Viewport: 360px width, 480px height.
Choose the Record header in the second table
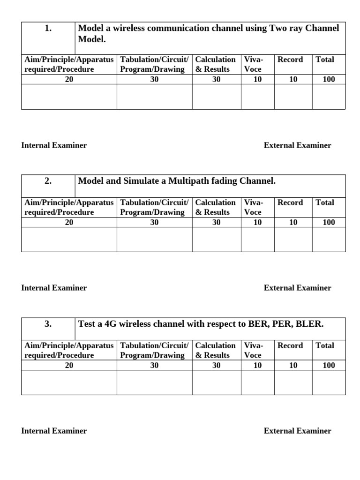tap(290, 203)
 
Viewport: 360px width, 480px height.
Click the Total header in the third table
tap(325, 346)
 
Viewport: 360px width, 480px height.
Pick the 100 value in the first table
tap(329, 80)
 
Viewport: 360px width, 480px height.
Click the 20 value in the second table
tap(69, 223)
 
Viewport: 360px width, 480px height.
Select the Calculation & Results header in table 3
tap(216, 350)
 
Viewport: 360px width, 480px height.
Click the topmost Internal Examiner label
tap(54, 145)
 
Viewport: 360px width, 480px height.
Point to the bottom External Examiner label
tap(297, 431)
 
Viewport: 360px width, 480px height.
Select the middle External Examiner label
tap(297, 288)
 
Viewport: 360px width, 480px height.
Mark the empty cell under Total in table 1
tap(329, 97)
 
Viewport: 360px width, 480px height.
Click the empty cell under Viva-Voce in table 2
tap(257, 240)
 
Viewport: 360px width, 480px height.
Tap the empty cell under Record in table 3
tap(293, 382)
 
